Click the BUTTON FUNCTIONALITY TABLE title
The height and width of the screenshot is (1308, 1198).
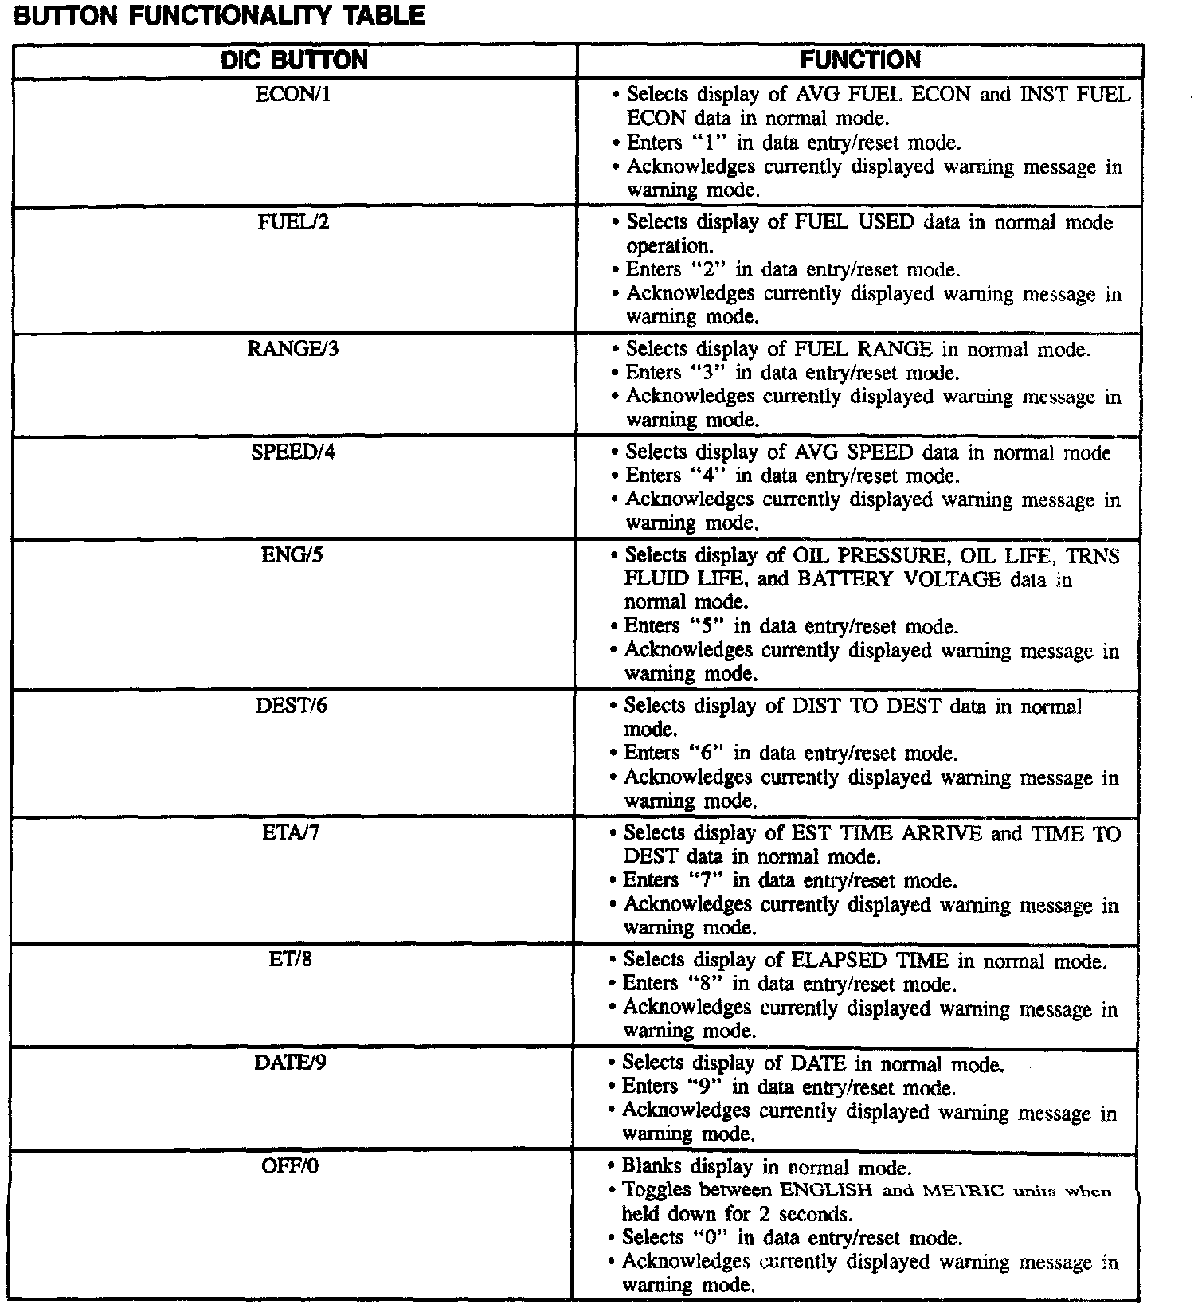[219, 16]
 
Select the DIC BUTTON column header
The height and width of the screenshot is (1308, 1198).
[294, 61]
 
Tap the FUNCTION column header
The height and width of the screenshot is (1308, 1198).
[860, 60]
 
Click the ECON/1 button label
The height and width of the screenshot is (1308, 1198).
[293, 95]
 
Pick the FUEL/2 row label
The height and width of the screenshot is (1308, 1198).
[293, 222]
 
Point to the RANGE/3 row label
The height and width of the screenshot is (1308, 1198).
[293, 349]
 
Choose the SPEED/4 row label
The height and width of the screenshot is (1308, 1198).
[293, 452]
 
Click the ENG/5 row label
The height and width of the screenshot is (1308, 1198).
[292, 555]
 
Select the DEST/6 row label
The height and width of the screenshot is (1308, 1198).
[292, 706]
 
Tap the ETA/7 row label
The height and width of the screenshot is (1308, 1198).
[291, 833]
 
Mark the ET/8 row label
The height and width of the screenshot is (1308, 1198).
[291, 960]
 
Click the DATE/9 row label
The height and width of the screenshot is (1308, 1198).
[290, 1063]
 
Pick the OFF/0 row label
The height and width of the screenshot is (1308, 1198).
[290, 1166]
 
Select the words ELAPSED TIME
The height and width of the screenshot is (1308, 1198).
[869, 961]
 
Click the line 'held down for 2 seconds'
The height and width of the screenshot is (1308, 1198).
[737, 1214]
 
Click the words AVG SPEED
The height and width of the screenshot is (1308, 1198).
[853, 452]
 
